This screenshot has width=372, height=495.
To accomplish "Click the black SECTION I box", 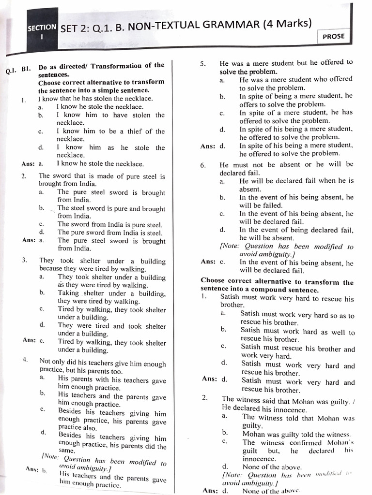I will tap(42, 31).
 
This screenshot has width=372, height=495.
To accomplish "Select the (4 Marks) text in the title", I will tap(286, 24).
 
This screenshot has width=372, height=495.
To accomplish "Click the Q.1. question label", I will tap(12, 71).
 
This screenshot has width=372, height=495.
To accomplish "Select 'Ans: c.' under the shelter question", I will tap(33, 340).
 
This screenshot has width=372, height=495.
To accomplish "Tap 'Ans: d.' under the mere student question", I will tap(213, 146).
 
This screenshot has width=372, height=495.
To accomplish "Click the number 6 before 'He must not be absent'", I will tap(203, 165).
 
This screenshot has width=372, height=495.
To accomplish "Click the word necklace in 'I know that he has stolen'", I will tap(138, 99).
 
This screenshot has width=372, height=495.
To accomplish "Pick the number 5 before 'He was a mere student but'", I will tap(203, 64).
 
